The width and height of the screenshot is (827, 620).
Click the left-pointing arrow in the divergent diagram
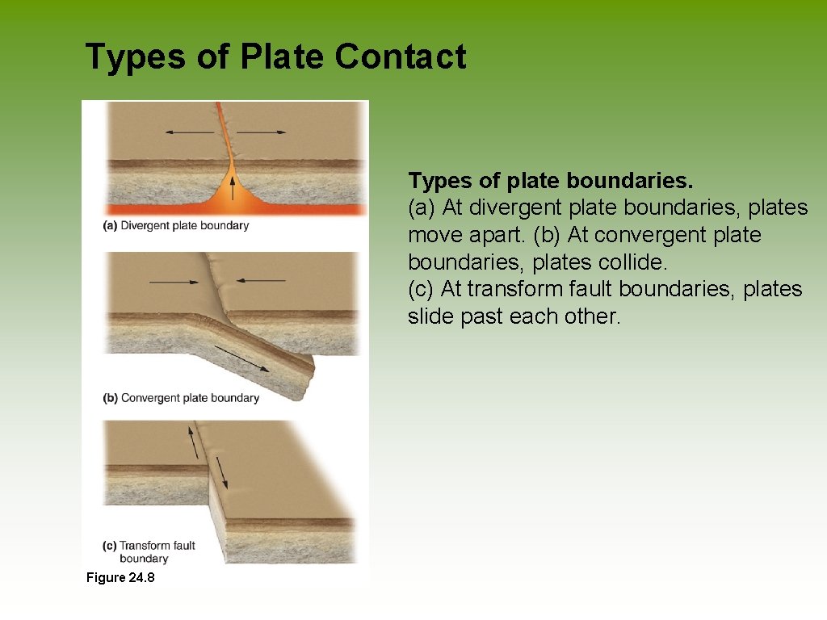point(187,132)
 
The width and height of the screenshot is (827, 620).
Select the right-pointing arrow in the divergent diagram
point(262,132)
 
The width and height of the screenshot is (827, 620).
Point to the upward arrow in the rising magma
point(233,188)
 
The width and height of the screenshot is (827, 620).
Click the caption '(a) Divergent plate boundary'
point(176,226)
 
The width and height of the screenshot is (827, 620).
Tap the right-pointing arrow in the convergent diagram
point(174,283)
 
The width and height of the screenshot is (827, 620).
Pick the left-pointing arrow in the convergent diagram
point(260,280)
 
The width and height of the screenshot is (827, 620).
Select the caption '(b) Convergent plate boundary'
point(181,398)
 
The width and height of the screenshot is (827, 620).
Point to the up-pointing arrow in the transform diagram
point(193,442)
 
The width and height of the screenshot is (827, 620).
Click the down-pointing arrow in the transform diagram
point(221,473)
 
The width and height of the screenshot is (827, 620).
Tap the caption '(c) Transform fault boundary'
point(149,552)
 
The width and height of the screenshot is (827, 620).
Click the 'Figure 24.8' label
point(120,577)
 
